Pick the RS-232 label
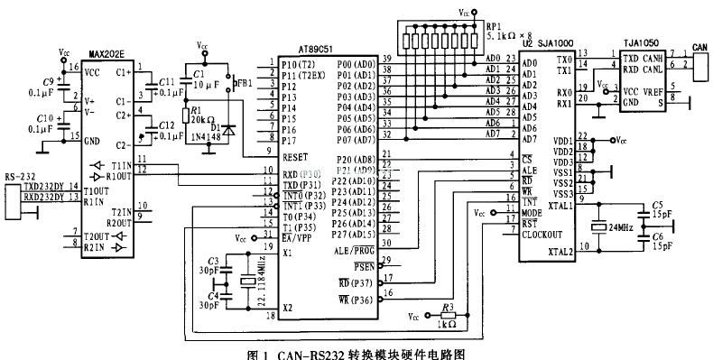point(20,177)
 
